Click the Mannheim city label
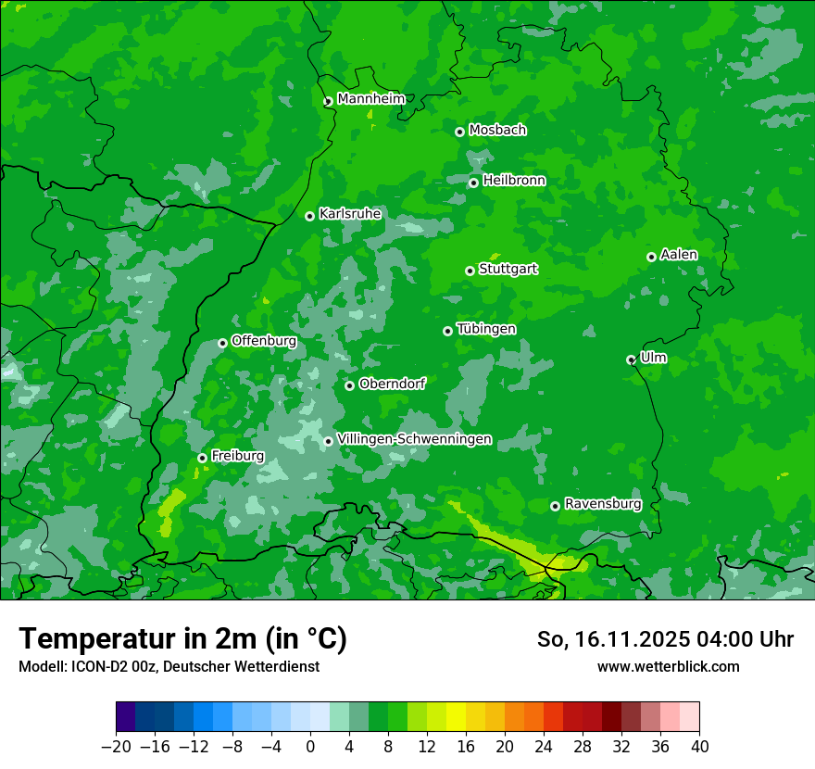370,99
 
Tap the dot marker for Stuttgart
470,271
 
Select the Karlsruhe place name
350,214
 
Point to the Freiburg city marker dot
202,458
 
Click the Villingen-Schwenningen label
414,439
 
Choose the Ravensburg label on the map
603,504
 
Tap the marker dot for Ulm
631,359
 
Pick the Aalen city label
679,255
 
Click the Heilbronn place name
514,181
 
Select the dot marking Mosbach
459,132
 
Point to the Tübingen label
486,329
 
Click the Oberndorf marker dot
349,385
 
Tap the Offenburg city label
264,341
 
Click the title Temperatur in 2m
182,638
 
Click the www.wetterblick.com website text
668,666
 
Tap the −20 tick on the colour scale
116,746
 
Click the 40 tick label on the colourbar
699,746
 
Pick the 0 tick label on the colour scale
310,746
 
